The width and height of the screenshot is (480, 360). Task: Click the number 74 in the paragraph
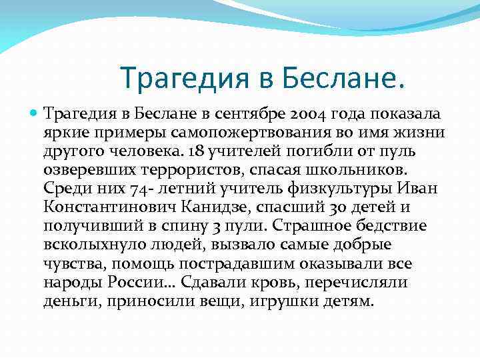(123, 187)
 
